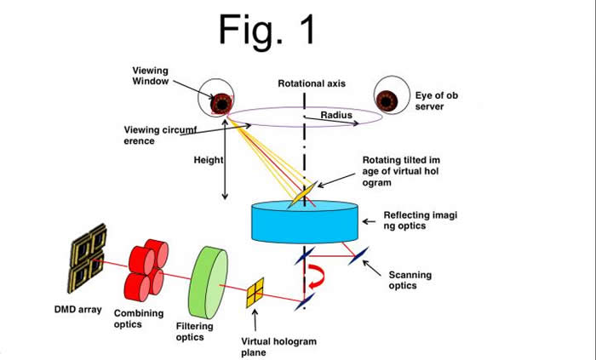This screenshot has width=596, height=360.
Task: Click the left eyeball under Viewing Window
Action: (x=219, y=102)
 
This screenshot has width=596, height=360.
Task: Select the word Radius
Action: (x=337, y=114)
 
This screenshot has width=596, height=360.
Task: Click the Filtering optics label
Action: (x=202, y=331)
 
